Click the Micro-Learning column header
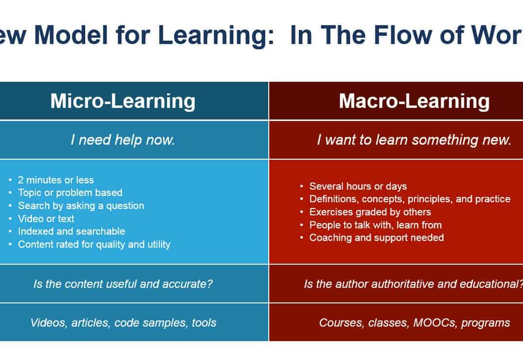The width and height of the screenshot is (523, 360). coord(123,101)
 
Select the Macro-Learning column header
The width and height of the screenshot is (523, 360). coord(414,101)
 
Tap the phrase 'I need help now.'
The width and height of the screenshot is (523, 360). coord(123,140)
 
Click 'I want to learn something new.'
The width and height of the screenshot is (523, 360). coord(414,140)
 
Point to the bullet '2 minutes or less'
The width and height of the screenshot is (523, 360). coord(56,180)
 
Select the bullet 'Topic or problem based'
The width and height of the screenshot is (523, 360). coord(70,193)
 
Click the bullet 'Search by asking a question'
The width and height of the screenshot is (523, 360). coord(81,206)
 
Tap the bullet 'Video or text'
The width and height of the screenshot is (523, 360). coord(46,219)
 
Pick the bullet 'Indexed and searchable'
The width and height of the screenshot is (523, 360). coord(71,231)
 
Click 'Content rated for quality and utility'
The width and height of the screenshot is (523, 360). coord(94,244)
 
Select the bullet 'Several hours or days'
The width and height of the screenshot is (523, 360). coord(358,186)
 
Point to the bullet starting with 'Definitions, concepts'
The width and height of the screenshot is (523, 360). coord(410,199)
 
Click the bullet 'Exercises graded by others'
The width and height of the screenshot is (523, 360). coord(370,212)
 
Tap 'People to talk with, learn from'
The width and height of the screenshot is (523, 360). coord(375,225)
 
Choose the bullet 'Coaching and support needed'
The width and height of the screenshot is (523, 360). coord(376,238)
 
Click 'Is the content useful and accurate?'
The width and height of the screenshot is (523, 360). coord(123,284)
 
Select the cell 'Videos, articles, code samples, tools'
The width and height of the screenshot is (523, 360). coord(123,323)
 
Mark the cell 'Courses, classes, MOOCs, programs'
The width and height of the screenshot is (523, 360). coord(414,323)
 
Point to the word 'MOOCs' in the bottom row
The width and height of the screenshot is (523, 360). coord(434,323)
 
